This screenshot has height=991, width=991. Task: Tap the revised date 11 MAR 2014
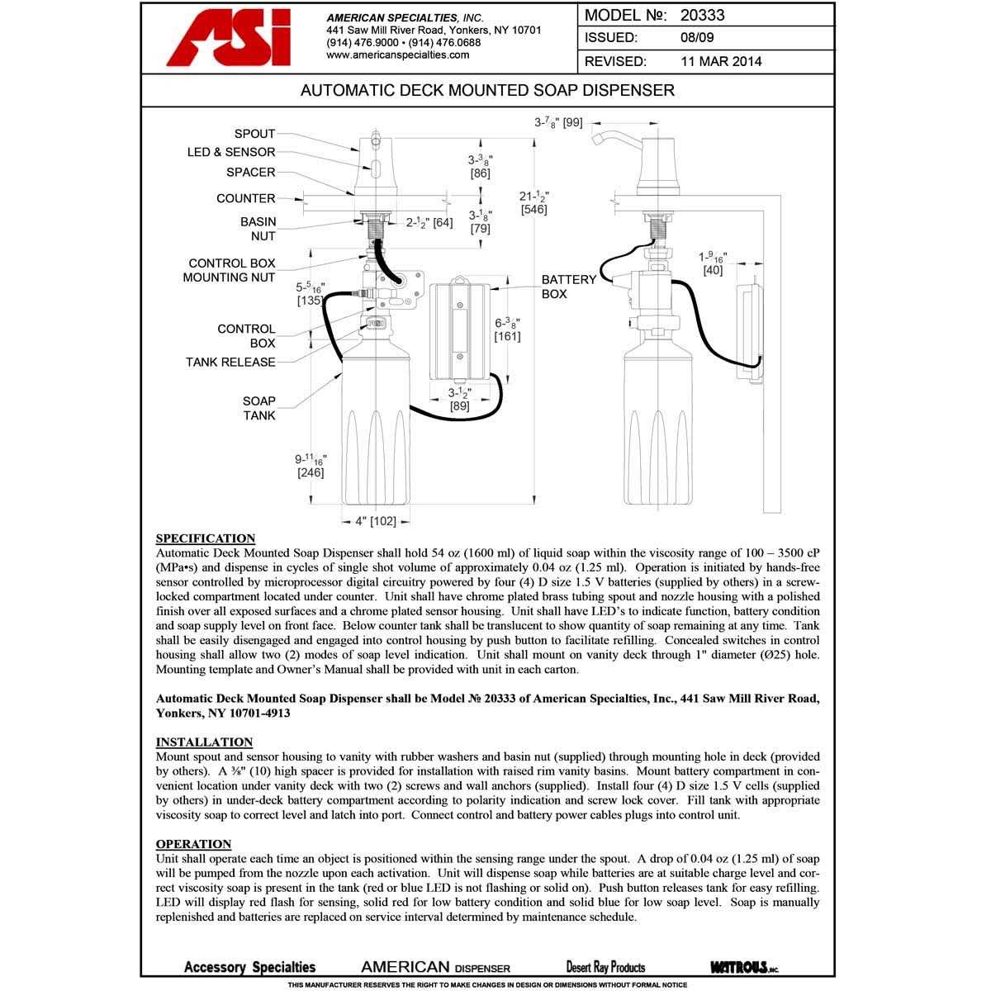point(721,61)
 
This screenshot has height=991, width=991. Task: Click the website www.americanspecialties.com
point(398,55)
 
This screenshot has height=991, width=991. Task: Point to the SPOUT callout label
point(254,134)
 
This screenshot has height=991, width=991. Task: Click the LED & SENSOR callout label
point(231,153)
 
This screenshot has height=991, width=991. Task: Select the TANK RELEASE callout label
point(230,363)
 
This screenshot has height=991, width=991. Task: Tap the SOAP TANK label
point(259,408)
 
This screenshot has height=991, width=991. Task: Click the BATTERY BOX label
point(569,287)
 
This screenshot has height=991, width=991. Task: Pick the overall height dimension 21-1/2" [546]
point(535,203)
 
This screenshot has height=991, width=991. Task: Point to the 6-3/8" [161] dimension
point(507,329)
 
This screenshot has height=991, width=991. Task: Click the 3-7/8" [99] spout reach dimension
point(558,123)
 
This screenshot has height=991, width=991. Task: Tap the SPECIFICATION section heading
point(206,538)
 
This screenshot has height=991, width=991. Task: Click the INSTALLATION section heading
point(204,742)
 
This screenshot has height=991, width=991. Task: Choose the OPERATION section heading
point(193,844)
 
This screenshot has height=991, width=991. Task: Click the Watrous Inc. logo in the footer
point(743,967)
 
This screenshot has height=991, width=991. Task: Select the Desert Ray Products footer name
point(605,967)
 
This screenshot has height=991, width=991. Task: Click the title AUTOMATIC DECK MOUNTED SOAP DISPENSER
point(487,90)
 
